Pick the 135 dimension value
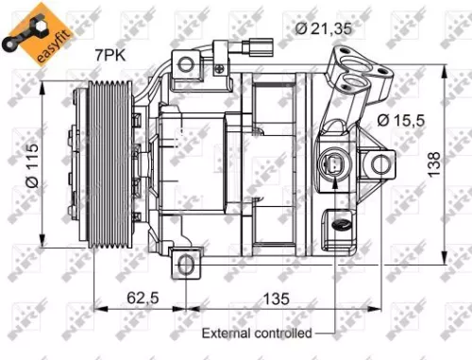[x=274, y=300]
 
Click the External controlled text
[x=256, y=333]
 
